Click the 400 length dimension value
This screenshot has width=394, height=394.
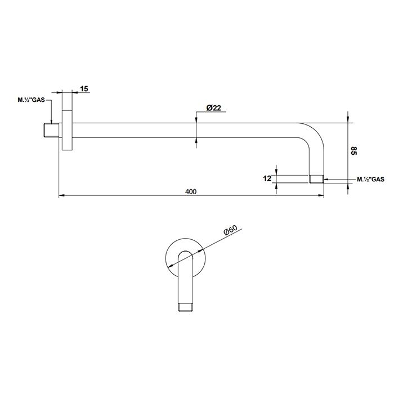191,192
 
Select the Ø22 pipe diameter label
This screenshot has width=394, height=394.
213,108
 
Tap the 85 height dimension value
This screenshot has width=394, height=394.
353,151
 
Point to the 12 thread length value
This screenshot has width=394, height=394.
267,178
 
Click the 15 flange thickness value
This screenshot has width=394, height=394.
84,89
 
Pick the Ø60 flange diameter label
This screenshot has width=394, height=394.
230,230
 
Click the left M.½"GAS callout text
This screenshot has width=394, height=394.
31,100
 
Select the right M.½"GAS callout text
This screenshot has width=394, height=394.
370,180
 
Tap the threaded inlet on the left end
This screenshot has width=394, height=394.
51,130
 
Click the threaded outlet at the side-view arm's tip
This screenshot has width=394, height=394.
316,179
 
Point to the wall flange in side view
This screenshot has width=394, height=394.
67,130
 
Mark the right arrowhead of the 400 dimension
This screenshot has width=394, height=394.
321,195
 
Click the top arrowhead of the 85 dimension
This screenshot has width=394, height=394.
348,120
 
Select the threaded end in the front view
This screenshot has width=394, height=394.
185,308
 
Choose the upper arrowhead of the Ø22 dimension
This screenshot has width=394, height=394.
196,120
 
